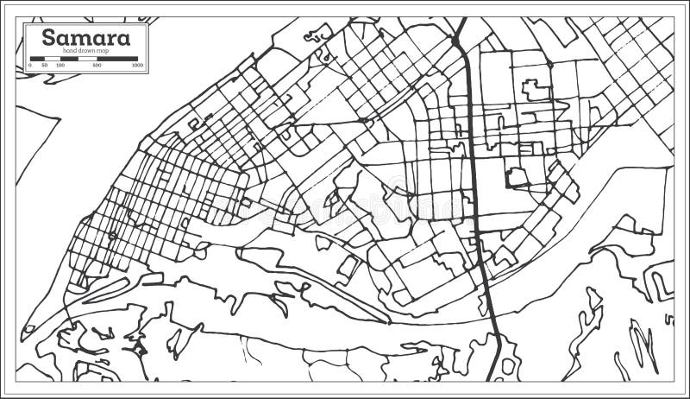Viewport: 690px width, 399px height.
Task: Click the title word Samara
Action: (x=86, y=38)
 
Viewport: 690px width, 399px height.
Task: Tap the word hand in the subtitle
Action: (x=67, y=50)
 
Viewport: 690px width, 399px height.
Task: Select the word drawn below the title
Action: (x=85, y=50)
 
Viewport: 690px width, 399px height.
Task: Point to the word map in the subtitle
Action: (x=103, y=50)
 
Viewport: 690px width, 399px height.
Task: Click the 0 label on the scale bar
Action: (x=30, y=65)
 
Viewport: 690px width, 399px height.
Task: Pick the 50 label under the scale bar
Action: (x=45, y=65)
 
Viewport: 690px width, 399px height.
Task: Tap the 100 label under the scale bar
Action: (x=60, y=65)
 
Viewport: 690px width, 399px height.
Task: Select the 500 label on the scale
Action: (x=97, y=65)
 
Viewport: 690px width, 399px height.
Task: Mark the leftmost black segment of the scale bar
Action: (x=37, y=59)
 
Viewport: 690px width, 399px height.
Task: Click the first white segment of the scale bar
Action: (x=53, y=59)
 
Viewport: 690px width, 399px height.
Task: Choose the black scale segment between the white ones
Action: (x=69, y=59)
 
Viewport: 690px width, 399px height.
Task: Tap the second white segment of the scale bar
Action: (x=88, y=59)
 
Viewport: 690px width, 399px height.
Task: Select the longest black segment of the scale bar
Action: (x=117, y=59)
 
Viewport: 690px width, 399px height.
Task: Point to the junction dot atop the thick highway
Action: (x=455, y=39)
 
